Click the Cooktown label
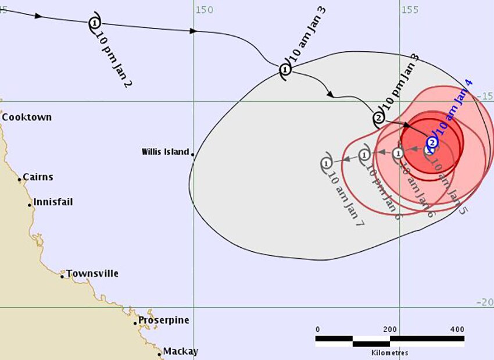point(27,117)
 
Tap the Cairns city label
point(38,177)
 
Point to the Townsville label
point(92,273)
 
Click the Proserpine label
point(164,320)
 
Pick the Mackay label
point(180,351)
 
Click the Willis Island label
point(166,152)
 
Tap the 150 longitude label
point(204,9)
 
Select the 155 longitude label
point(410,9)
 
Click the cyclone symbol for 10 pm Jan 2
point(95,23)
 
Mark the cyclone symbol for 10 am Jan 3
point(285,70)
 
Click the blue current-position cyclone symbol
point(432,142)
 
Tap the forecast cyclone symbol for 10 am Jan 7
point(327,162)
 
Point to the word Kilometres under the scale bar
point(389,352)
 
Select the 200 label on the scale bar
point(390,330)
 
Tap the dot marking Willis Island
point(192,154)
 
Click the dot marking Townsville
point(62,276)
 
